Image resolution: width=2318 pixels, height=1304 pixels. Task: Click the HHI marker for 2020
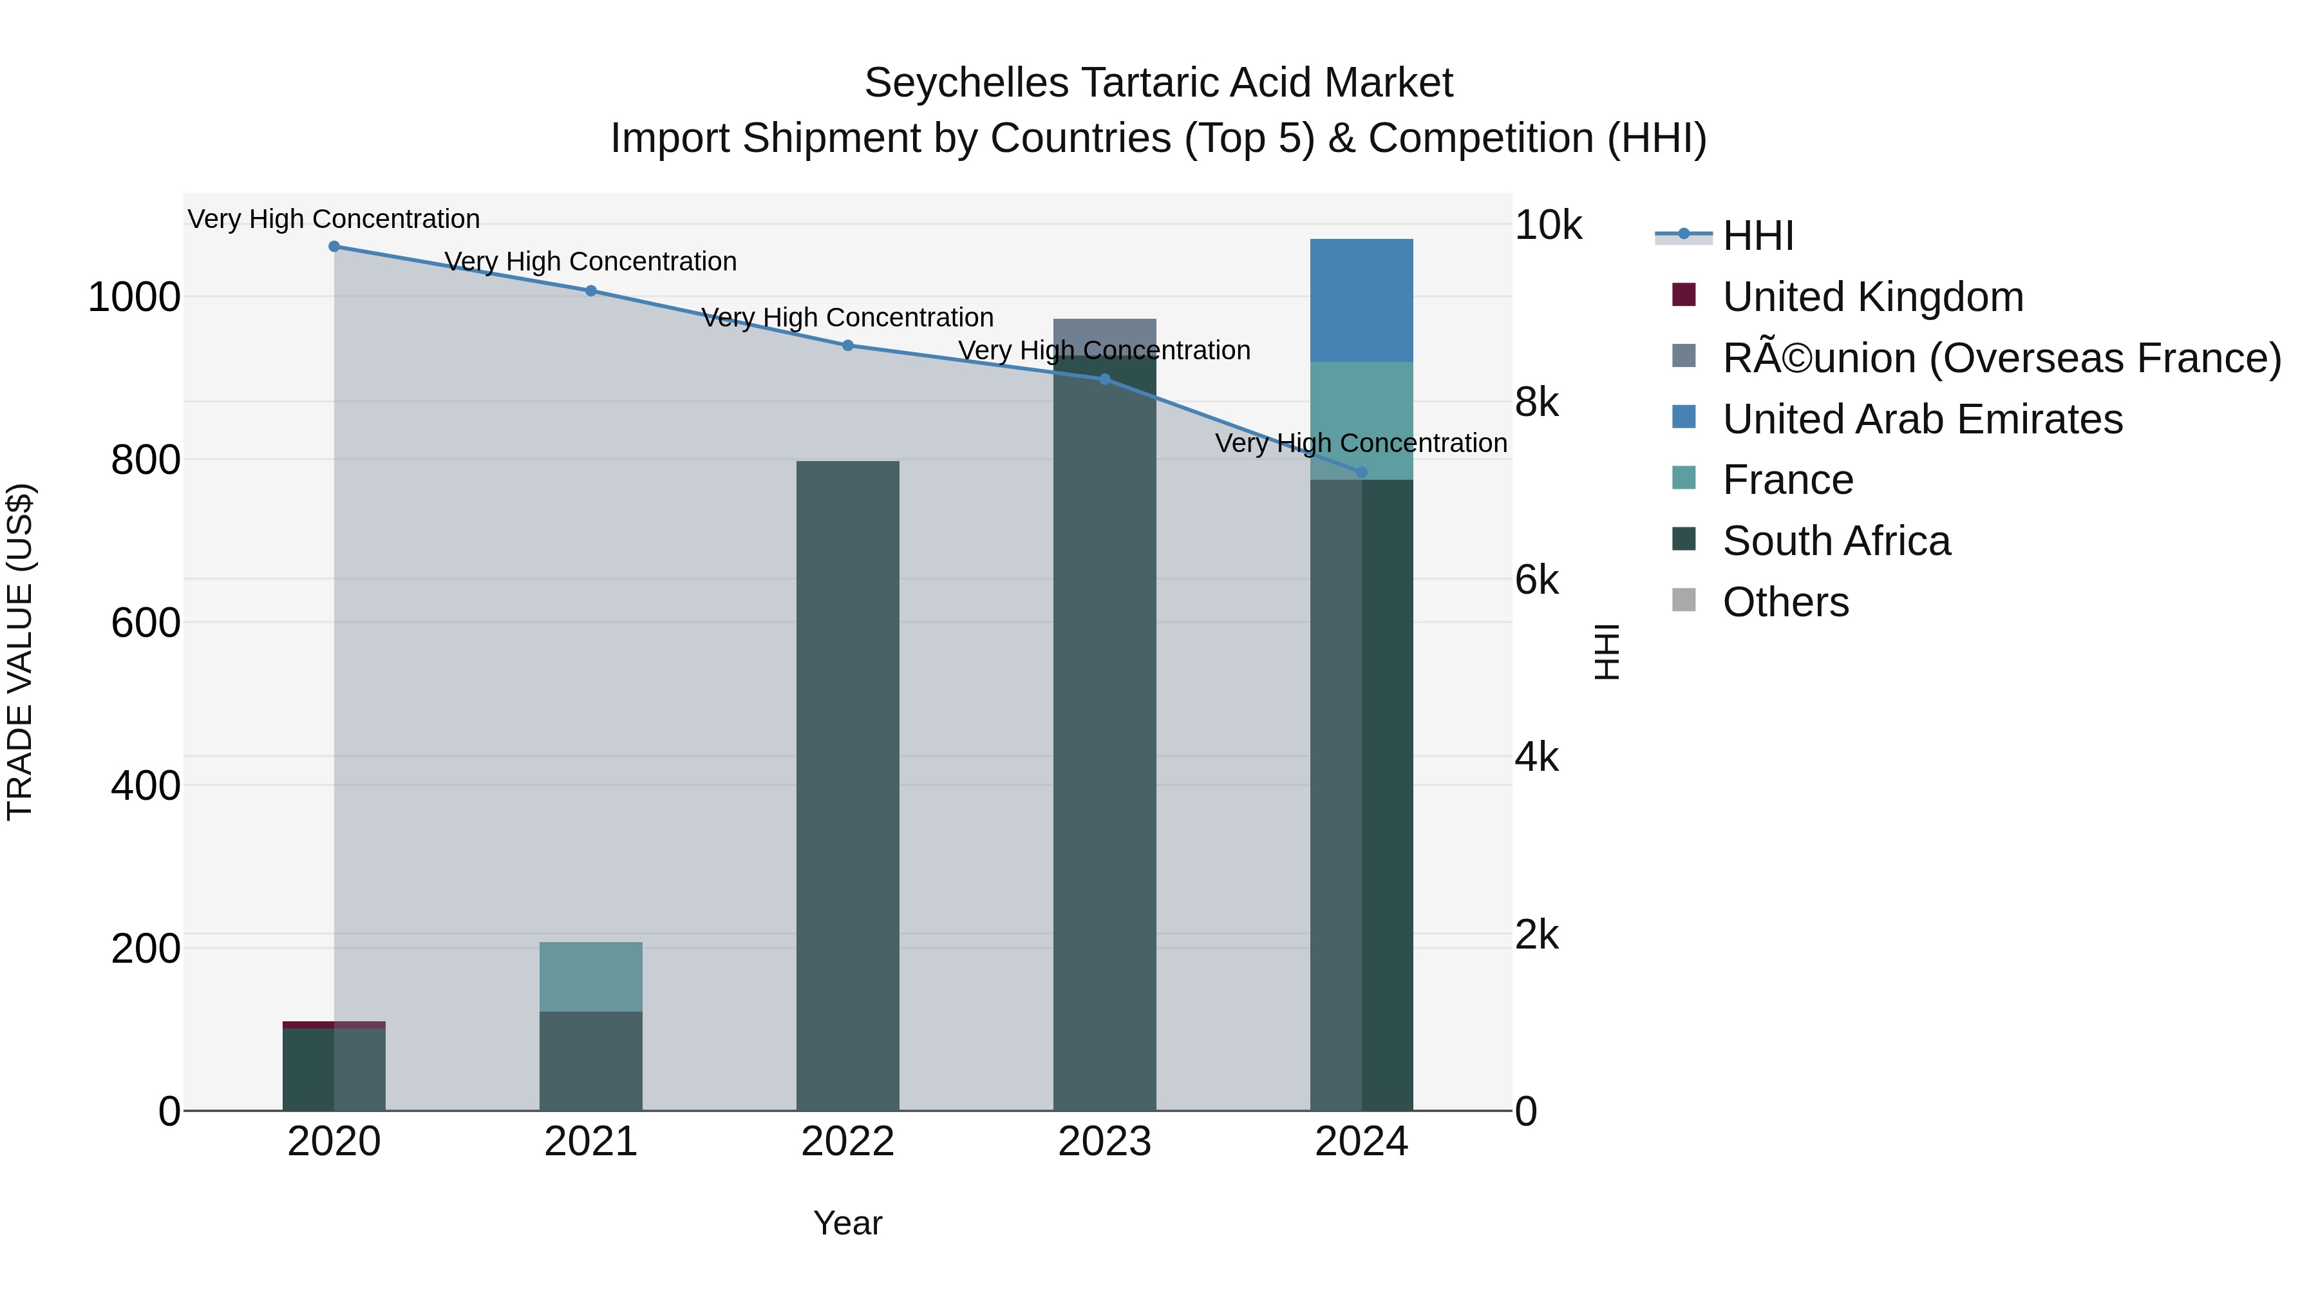click(x=334, y=247)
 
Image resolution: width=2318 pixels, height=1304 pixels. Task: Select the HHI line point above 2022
click(x=847, y=346)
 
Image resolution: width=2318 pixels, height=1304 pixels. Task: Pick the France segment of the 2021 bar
click(x=591, y=978)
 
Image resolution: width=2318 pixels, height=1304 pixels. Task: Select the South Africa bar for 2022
click(x=847, y=785)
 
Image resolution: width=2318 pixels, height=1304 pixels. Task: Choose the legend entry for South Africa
click(x=1836, y=541)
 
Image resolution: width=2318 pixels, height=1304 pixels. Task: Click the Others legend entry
click(x=1786, y=602)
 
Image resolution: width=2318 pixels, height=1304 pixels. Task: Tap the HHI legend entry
click(x=1757, y=236)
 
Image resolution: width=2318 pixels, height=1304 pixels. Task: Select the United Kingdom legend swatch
click(x=1684, y=295)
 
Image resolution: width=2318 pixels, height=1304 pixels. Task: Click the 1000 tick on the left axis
click(x=134, y=297)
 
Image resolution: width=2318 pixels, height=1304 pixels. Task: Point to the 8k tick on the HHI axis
click(x=1536, y=402)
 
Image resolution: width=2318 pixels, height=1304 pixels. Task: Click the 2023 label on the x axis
click(x=1104, y=1142)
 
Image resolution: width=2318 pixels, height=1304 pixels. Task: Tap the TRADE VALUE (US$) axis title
click(x=20, y=652)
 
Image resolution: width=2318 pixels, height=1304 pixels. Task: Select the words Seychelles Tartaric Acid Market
click(x=1158, y=83)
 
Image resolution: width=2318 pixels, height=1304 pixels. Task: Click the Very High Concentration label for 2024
click(x=1361, y=443)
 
